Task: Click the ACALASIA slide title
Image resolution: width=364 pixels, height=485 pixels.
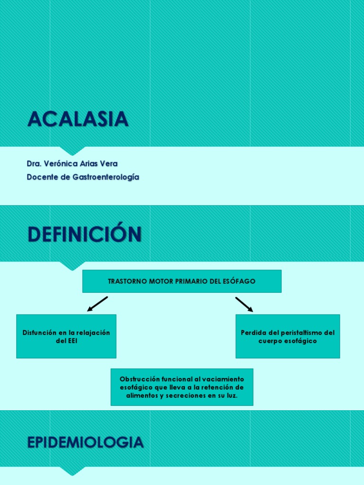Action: (78, 119)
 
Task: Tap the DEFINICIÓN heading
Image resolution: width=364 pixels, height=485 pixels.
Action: (84, 234)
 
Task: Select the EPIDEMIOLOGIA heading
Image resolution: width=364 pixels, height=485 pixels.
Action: (85, 442)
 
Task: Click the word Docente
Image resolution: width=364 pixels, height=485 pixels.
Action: (43, 177)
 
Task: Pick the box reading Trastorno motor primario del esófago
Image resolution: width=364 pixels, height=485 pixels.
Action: (182, 281)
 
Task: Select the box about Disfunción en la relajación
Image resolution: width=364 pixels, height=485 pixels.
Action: (66, 336)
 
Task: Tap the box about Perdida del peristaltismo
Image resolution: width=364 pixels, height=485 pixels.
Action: (287, 336)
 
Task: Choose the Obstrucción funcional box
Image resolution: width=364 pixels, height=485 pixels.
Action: (182, 387)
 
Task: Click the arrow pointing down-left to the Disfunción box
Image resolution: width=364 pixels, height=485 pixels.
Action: (98, 304)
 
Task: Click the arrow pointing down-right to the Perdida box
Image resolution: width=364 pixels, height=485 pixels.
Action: (244, 304)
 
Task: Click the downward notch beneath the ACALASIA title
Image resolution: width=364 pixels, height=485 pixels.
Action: (73, 151)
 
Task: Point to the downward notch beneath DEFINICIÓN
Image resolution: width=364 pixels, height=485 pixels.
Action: (73, 266)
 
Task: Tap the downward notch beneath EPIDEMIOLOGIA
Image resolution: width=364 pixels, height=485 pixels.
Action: (73, 471)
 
